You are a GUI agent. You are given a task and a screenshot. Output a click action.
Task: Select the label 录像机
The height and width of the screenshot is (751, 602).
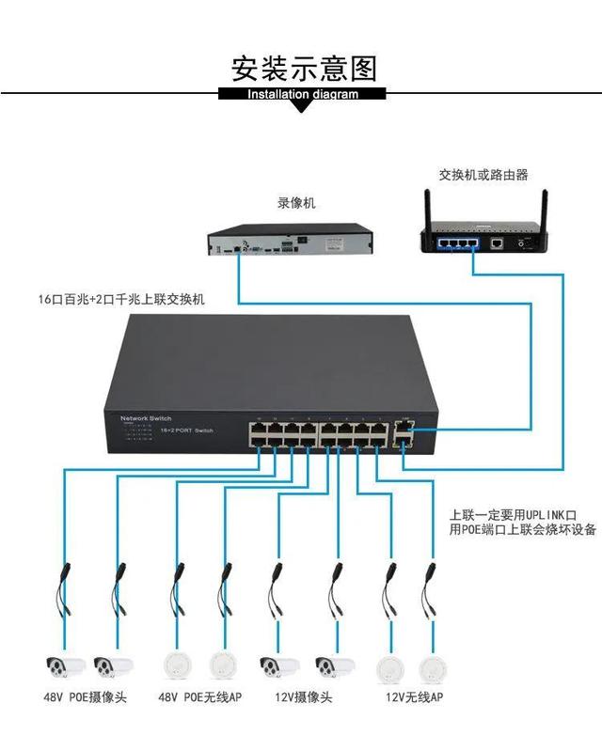pyautogui.click(x=296, y=203)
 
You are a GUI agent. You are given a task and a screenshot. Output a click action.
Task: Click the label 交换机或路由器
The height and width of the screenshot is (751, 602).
pyautogui.click(x=483, y=175)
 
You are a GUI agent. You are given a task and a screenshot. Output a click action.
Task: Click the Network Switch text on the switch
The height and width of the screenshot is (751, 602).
pyautogui.click(x=147, y=417)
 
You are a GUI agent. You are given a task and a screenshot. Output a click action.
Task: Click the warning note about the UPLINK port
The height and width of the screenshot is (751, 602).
pyautogui.click(x=522, y=523)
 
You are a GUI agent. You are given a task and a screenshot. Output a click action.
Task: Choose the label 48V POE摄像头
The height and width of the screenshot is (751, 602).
pyautogui.click(x=86, y=698)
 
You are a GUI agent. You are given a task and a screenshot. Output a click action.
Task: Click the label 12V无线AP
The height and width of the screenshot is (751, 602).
pyautogui.click(x=414, y=698)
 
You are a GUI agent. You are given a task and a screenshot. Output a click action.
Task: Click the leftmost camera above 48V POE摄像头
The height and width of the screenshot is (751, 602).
pyautogui.click(x=65, y=667)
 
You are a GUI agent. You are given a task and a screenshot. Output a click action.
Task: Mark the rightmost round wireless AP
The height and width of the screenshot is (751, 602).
pyautogui.click(x=432, y=667)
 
